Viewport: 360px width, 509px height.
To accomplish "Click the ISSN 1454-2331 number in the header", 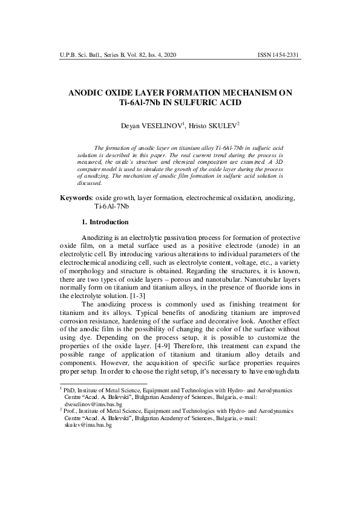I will click(x=278, y=55).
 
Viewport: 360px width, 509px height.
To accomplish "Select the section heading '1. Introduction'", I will click(x=105, y=222).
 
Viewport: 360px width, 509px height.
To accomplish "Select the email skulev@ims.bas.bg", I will click(x=88, y=425).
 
